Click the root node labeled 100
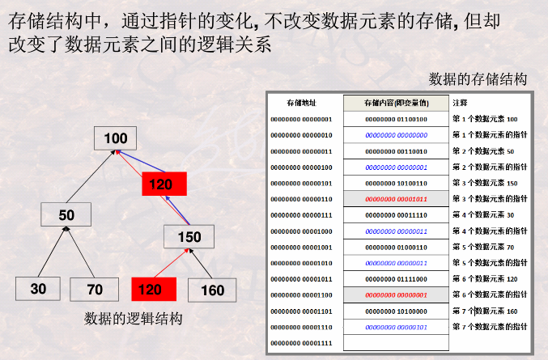(x=116, y=138)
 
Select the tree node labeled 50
(x=66, y=214)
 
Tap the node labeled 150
(x=189, y=236)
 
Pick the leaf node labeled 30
(x=39, y=289)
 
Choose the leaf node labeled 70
(x=94, y=289)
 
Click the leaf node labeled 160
(x=211, y=290)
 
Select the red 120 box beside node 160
(x=153, y=289)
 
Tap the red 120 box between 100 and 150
(x=164, y=184)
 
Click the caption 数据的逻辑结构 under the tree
(x=134, y=319)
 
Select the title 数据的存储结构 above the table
(x=478, y=78)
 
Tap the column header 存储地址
(x=301, y=103)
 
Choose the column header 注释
(x=460, y=103)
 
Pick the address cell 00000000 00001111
(x=301, y=343)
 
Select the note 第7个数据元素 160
(x=485, y=311)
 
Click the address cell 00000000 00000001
(x=301, y=119)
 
